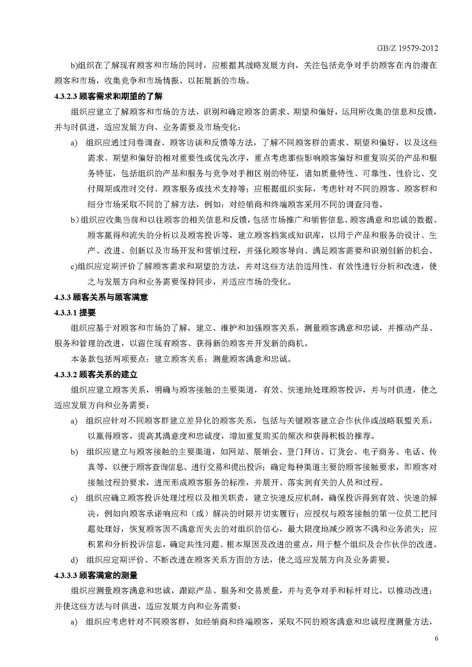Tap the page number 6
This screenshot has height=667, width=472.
436,638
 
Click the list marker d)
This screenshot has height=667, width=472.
74,560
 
